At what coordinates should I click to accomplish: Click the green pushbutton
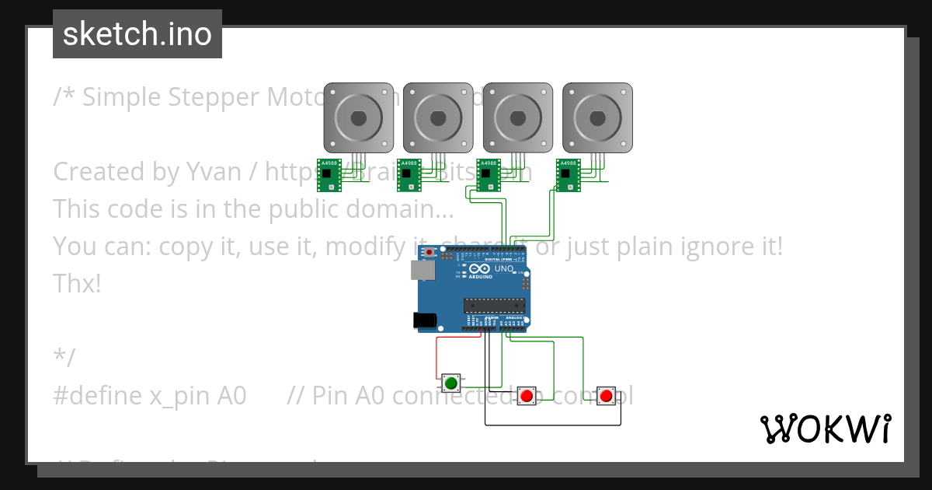[451, 383]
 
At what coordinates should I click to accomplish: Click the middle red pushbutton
[527, 396]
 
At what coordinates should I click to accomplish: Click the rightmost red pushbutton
[607, 396]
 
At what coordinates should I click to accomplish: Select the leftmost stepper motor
[358, 117]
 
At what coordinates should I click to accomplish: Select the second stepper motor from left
[437, 117]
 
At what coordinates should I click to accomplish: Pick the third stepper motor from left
[517, 117]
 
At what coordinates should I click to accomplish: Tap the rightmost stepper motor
[597, 117]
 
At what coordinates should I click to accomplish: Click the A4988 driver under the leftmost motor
[329, 174]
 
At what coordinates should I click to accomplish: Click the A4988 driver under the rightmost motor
[569, 174]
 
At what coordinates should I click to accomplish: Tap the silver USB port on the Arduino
[423, 269]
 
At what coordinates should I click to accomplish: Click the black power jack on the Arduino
[425, 319]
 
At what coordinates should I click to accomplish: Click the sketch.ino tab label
[137, 34]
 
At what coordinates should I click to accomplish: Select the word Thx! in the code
[77, 283]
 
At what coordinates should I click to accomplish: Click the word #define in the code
[97, 395]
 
